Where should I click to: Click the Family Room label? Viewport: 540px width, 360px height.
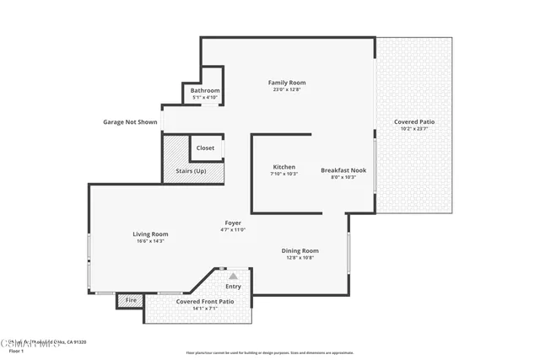pyautogui.click(x=286, y=83)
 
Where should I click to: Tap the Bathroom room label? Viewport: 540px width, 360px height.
pyautogui.click(x=205, y=90)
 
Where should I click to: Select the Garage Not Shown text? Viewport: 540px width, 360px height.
pyautogui.click(x=130, y=122)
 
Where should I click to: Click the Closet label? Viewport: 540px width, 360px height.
pyautogui.click(x=205, y=148)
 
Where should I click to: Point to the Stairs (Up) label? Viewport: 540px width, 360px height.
pyautogui.click(x=191, y=171)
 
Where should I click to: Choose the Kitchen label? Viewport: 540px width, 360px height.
pyautogui.click(x=283, y=167)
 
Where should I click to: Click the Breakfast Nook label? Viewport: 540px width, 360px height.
pyautogui.click(x=338, y=170)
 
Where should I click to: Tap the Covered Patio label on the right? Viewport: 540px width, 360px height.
pyautogui.click(x=414, y=122)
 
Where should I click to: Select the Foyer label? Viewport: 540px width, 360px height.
pyautogui.click(x=232, y=223)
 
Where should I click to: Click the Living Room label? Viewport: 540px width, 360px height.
pyautogui.click(x=150, y=234)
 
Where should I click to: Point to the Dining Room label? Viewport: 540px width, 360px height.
pyautogui.click(x=300, y=250)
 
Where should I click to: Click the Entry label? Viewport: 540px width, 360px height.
pyautogui.click(x=233, y=287)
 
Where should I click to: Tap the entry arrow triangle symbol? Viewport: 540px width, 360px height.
pyautogui.click(x=233, y=275)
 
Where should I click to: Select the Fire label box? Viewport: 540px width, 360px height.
pyautogui.click(x=131, y=300)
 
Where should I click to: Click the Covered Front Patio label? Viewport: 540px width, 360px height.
pyautogui.click(x=205, y=301)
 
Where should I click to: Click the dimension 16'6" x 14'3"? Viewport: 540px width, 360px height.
pyautogui.click(x=150, y=241)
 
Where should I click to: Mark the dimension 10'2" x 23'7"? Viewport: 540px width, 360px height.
pyautogui.click(x=414, y=129)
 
